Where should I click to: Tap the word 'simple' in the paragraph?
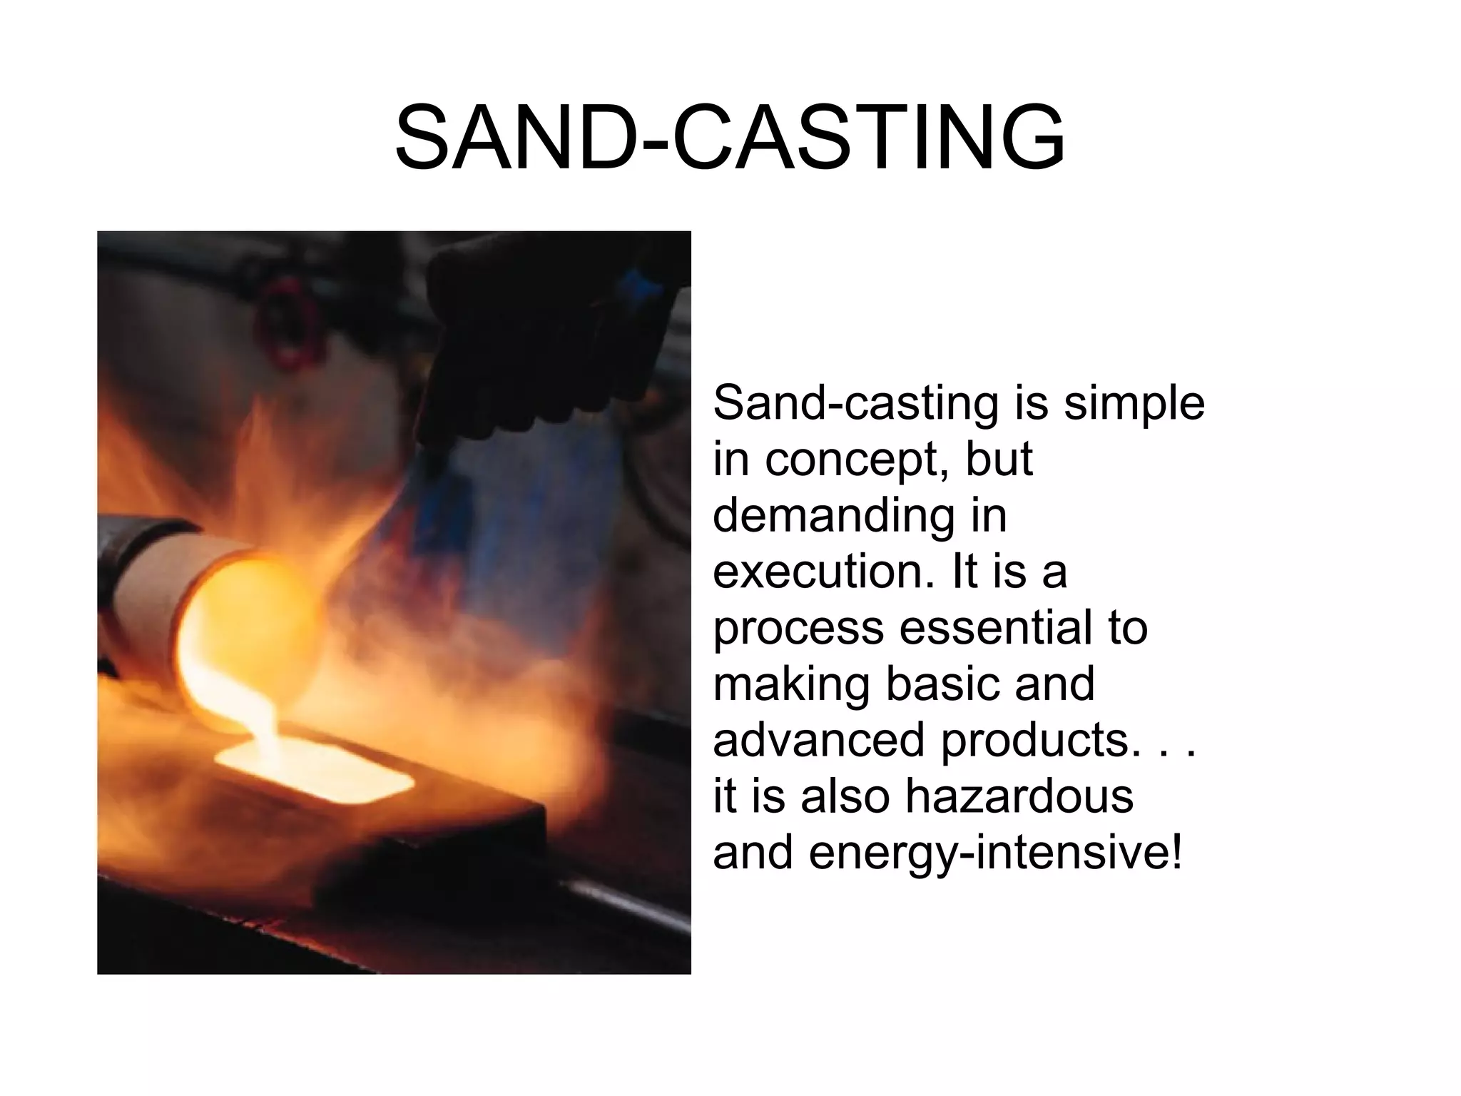coord(1134,403)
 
